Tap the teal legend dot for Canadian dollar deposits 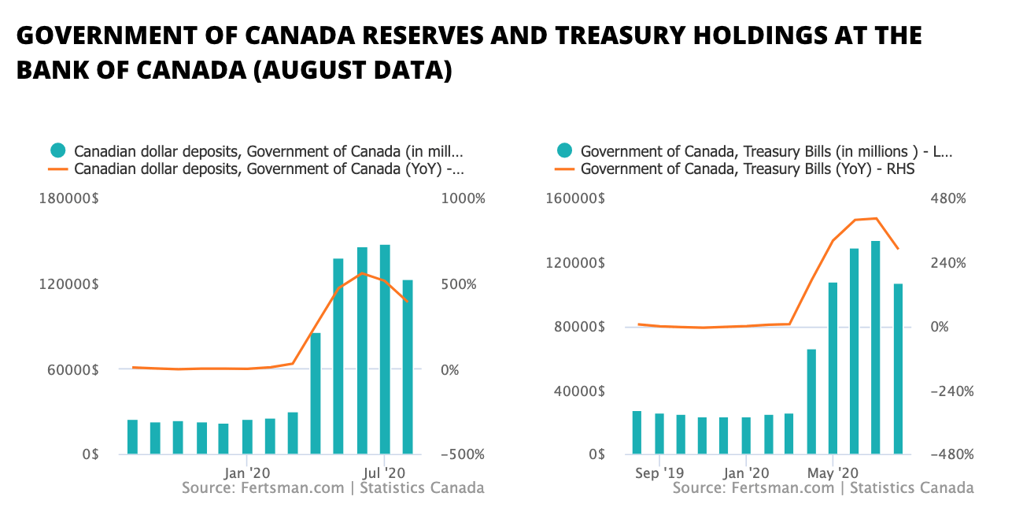click(x=57, y=150)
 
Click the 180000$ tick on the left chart click(x=68, y=199)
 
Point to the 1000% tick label click(x=463, y=199)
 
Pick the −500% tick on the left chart click(x=462, y=454)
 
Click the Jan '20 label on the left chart click(x=247, y=473)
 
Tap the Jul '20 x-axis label click(x=384, y=473)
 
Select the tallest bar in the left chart click(x=385, y=349)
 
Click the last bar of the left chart click(x=408, y=367)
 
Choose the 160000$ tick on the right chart click(x=575, y=199)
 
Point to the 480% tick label click(x=949, y=199)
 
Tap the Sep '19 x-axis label click(x=659, y=473)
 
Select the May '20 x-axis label click(x=833, y=473)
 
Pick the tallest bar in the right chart click(x=875, y=347)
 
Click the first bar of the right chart click(x=637, y=432)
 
